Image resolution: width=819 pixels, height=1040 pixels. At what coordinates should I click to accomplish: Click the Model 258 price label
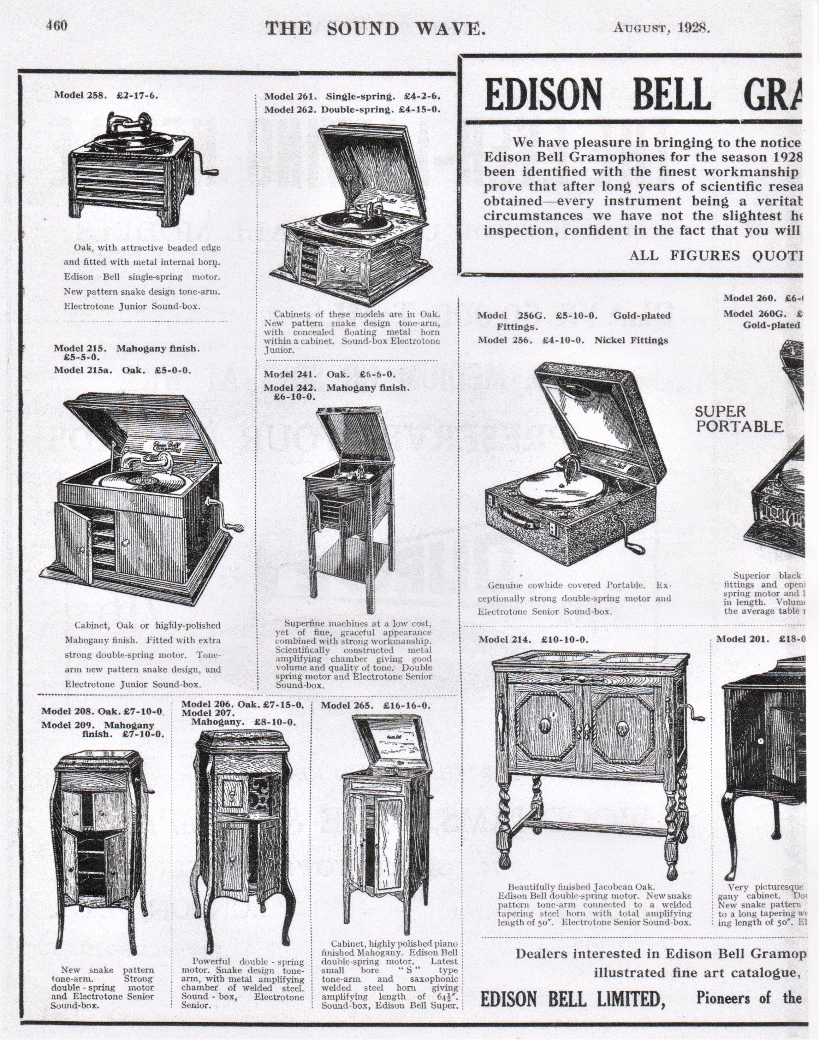tap(106, 95)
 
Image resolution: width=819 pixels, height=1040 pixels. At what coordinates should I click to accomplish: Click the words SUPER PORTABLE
tap(738, 419)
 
